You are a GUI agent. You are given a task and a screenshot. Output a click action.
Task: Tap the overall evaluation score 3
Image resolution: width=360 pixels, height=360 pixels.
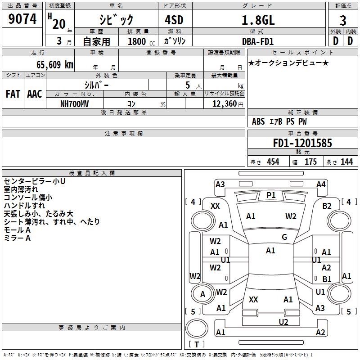(x=343, y=21)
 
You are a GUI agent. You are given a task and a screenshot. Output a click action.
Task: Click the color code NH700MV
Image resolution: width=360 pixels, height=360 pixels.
(x=74, y=103)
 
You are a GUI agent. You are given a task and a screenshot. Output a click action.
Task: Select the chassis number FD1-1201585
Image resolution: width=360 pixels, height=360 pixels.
(x=302, y=143)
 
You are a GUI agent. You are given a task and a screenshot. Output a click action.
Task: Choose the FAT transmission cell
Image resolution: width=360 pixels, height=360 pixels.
(x=13, y=94)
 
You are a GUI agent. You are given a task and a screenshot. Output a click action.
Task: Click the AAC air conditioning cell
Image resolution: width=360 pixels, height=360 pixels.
(x=35, y=94)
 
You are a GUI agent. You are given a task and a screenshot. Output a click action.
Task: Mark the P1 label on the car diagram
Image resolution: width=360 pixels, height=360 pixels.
(x=271, y=195)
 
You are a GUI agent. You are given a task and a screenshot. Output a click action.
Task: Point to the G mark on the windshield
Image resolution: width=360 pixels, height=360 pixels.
(x=284, y=237)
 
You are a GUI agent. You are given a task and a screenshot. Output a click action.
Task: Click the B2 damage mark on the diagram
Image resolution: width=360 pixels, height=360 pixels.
(x=327, y=206)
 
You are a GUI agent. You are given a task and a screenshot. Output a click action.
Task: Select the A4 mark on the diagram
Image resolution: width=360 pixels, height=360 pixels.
(x=321, y=184)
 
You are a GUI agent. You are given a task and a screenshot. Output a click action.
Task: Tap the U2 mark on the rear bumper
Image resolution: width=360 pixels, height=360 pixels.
(x=283, y=322)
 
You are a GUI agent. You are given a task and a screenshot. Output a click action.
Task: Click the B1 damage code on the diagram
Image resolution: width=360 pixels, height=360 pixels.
(x=327, y=279)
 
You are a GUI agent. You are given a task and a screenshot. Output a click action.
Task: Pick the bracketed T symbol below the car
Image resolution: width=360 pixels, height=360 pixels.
(x=196, y=344)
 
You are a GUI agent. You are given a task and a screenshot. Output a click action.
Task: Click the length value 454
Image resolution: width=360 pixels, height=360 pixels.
(x=273, y=162)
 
